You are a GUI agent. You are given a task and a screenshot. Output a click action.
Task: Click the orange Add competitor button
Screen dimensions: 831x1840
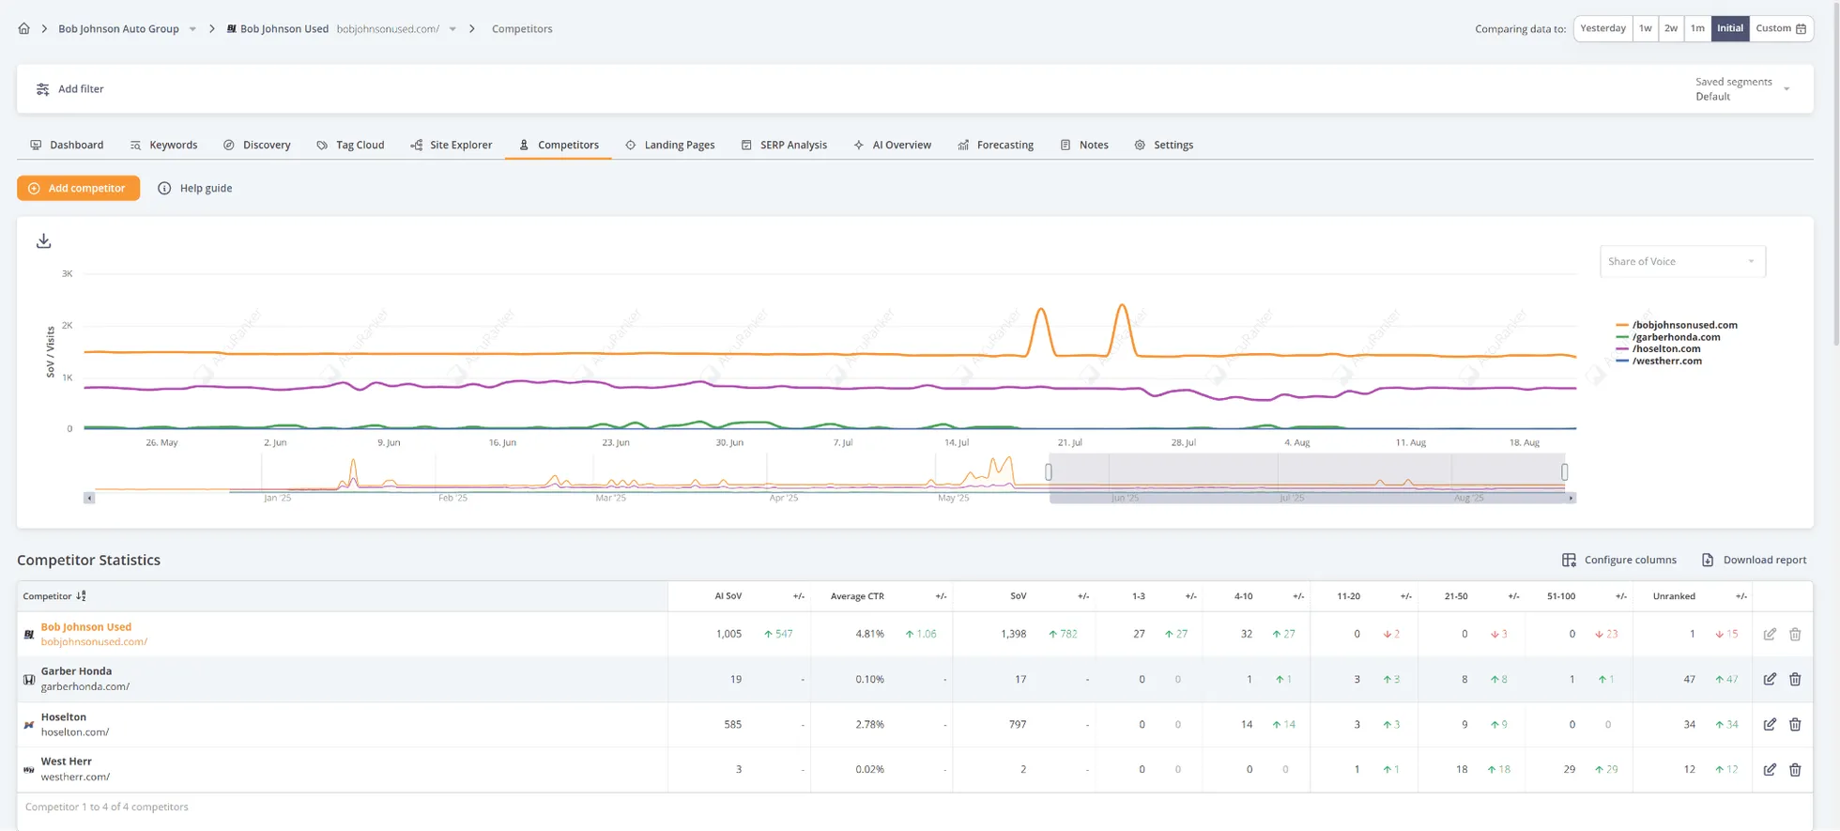point(78,188)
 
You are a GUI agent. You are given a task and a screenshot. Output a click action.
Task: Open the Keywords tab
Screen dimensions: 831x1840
point(164,145)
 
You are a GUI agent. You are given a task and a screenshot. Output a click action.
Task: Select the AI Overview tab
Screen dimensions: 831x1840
point(892,145)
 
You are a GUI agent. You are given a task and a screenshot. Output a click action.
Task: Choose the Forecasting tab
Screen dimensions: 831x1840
point(995,145)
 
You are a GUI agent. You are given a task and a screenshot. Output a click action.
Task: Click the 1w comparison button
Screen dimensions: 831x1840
point(1645,28)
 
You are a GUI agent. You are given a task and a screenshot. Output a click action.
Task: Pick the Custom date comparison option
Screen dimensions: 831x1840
point(1780,28)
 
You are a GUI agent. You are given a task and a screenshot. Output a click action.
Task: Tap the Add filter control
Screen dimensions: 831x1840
point(70,89)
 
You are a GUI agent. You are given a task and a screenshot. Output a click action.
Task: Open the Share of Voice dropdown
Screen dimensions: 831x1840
point(1681,261)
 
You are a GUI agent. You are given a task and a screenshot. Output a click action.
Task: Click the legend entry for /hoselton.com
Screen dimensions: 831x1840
point(1665,348)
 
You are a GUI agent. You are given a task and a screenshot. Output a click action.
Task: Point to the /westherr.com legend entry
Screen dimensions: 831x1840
point(1666,361)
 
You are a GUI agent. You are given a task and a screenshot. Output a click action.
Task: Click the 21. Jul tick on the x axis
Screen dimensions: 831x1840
point(1069,442)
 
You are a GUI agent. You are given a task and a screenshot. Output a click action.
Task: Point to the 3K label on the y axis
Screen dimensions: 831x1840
point(67,274)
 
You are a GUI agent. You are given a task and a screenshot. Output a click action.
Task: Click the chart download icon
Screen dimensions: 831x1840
point(44,241)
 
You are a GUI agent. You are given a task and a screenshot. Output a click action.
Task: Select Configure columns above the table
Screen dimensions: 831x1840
point(1619,560)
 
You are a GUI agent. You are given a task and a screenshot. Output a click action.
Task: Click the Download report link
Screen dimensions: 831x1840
point(1754,560)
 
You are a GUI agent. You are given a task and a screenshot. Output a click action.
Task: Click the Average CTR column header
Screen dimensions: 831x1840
point(856,596)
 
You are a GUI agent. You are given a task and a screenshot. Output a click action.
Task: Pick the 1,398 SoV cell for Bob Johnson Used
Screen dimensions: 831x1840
point(1013,634)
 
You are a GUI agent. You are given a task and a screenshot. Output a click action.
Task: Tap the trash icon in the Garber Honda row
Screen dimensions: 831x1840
point(1794,679)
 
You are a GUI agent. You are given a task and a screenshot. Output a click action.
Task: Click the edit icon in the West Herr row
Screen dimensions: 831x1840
point(1769,769)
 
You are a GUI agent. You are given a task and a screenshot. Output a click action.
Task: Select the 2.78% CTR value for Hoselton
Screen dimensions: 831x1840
point(869,724)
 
